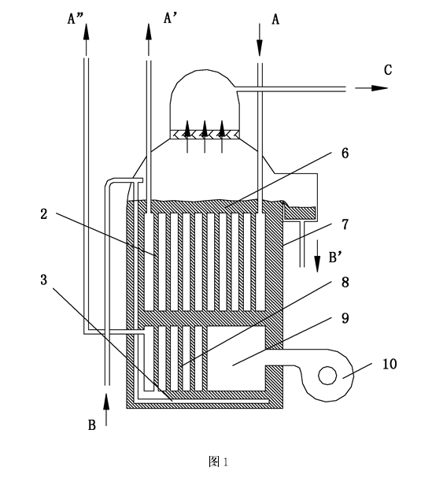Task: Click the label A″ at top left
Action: pyautogui.click(x=74, y=19)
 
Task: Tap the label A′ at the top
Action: pyautogui.click(x=171, y=18)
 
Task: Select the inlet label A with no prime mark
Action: pyautogui.click(x=275, y=20)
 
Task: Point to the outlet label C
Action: pyautogui.click(x=388, y=70)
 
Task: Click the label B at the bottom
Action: pyautogui.click(x=92, y=425)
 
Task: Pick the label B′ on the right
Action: pyautogui.click(x=336, y=258)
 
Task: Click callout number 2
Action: pyautogui.click(x=44, y=214)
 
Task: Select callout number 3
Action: pyautogui.click(x=44, y=280)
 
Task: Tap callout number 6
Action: pyautogui.click(x=345, y=153)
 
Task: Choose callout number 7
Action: pyautogui.click(x=345, y=224)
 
